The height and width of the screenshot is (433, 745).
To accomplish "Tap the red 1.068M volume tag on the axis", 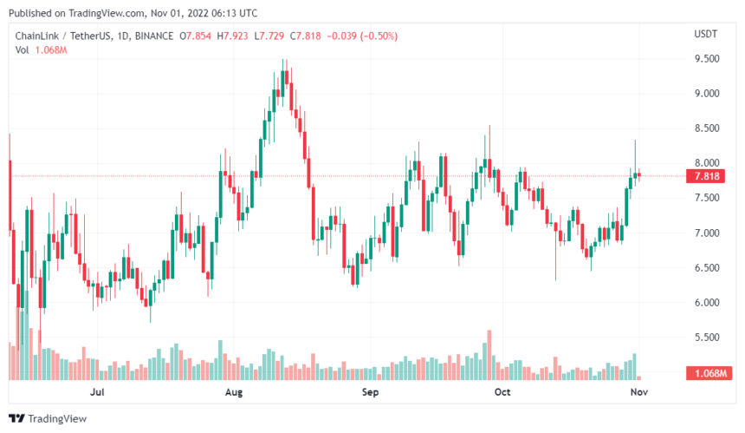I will point(709,373).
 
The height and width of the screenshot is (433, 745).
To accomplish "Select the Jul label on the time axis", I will point(97,393).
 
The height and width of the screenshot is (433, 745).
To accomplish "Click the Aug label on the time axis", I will point(233,393).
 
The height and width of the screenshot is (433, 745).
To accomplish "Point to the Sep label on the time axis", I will point(371,393).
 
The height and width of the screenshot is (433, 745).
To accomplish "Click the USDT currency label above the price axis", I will point(707,34).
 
